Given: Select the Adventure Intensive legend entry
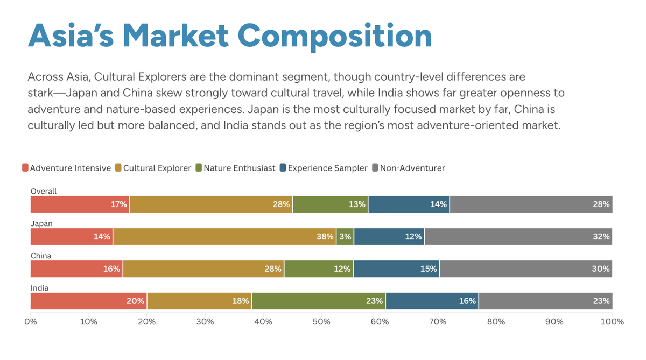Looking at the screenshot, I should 66,168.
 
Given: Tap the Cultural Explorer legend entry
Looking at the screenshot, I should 153,168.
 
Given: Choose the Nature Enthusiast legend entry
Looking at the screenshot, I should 235,168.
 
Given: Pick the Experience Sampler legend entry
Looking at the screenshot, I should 323,168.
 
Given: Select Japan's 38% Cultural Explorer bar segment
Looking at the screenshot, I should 224,237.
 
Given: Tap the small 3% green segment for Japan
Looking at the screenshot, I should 345,237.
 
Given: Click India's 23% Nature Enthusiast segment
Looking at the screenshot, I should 319,301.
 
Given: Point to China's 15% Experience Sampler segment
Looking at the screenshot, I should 396,269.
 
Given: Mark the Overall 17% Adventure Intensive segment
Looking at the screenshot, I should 80,204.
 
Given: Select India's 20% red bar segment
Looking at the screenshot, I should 88,301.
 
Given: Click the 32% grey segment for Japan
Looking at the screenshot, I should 518,237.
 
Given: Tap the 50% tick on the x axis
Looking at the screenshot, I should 321,322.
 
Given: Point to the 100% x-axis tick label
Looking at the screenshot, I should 612,322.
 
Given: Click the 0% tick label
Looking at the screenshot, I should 31,322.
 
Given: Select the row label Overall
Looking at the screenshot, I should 44,191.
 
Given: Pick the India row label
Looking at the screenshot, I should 39,288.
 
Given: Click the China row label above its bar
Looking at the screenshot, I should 41,256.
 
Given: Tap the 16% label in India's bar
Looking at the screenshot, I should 467,301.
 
